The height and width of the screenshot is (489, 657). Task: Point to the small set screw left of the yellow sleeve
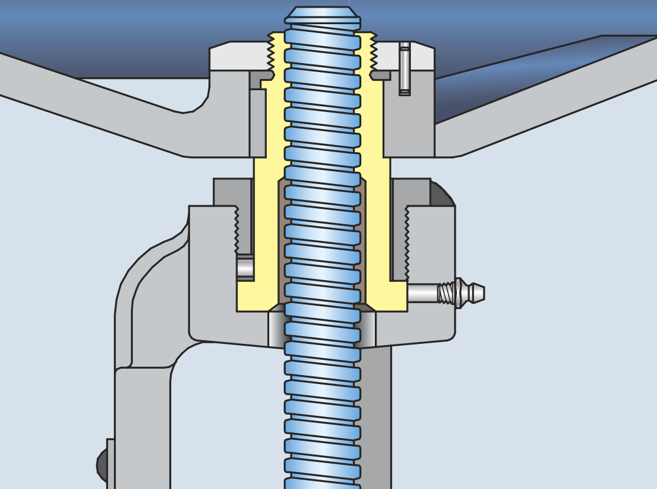(245, 267)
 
